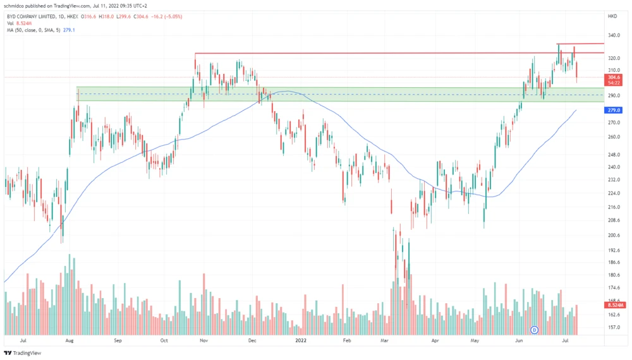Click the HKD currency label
612,16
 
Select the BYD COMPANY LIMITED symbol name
31,16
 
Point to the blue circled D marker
535,329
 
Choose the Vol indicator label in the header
9,23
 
